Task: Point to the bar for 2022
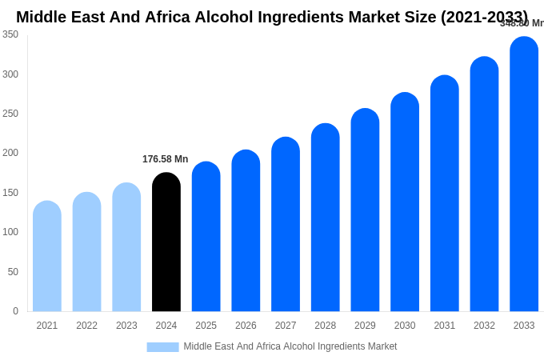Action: (86, 252)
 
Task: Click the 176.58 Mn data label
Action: (165, 159)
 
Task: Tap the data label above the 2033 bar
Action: (522, 23)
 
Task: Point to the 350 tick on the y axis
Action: (10, 34)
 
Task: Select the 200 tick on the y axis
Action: (10, 153)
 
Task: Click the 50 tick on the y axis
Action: (13, 272)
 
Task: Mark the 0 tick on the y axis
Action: (15, 311)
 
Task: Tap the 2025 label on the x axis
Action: (206, 326)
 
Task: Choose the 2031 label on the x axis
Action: (444, 326)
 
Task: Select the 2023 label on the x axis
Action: (126, 326)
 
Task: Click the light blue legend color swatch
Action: (162, 347)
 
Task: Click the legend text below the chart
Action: (290, 346)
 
